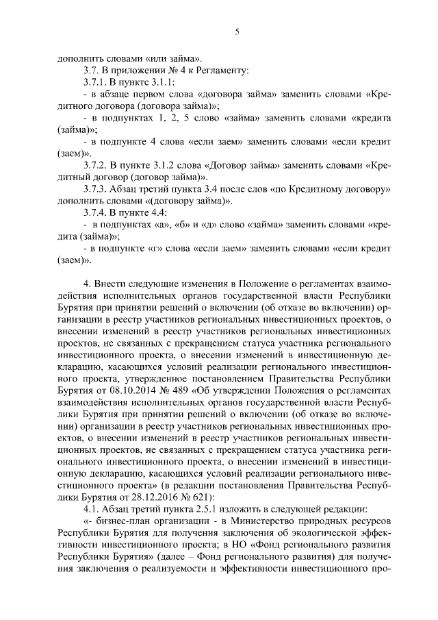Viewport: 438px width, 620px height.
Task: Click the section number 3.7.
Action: point(90,70)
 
